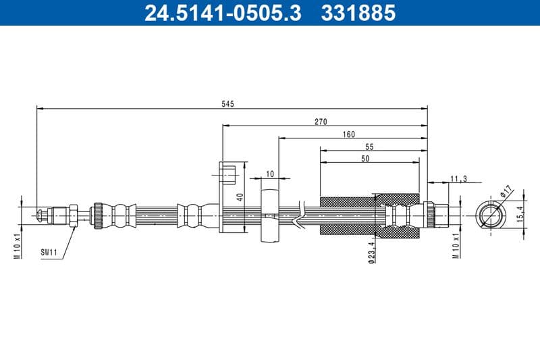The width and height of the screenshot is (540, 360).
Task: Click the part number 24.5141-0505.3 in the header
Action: (223, 13)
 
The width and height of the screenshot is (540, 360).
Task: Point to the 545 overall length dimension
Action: (227, 103)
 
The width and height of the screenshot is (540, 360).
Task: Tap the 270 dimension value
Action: (321, 122)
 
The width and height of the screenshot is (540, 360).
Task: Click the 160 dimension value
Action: (348, 134)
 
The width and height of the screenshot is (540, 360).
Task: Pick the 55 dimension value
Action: (369, 147)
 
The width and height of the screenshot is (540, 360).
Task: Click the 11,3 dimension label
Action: (458, 179)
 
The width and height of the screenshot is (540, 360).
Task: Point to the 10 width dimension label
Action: (269, 174)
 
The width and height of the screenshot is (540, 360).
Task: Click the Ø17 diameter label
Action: (507, 191)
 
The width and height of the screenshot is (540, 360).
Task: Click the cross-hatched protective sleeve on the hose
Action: (348, 216)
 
